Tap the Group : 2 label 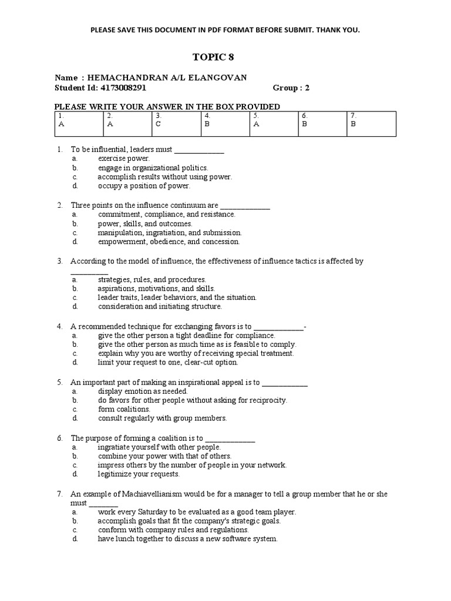click(291, 87)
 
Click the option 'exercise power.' click(123, 158)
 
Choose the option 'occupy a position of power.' click(144, 185)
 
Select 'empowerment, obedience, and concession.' click(169, 241)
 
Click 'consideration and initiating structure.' click(160, 306)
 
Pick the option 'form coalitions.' click(124, 409)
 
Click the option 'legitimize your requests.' click(139, 474)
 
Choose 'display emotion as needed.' click(143, 391)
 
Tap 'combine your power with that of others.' click(164, 456)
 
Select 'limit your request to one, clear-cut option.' click(168, 362)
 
